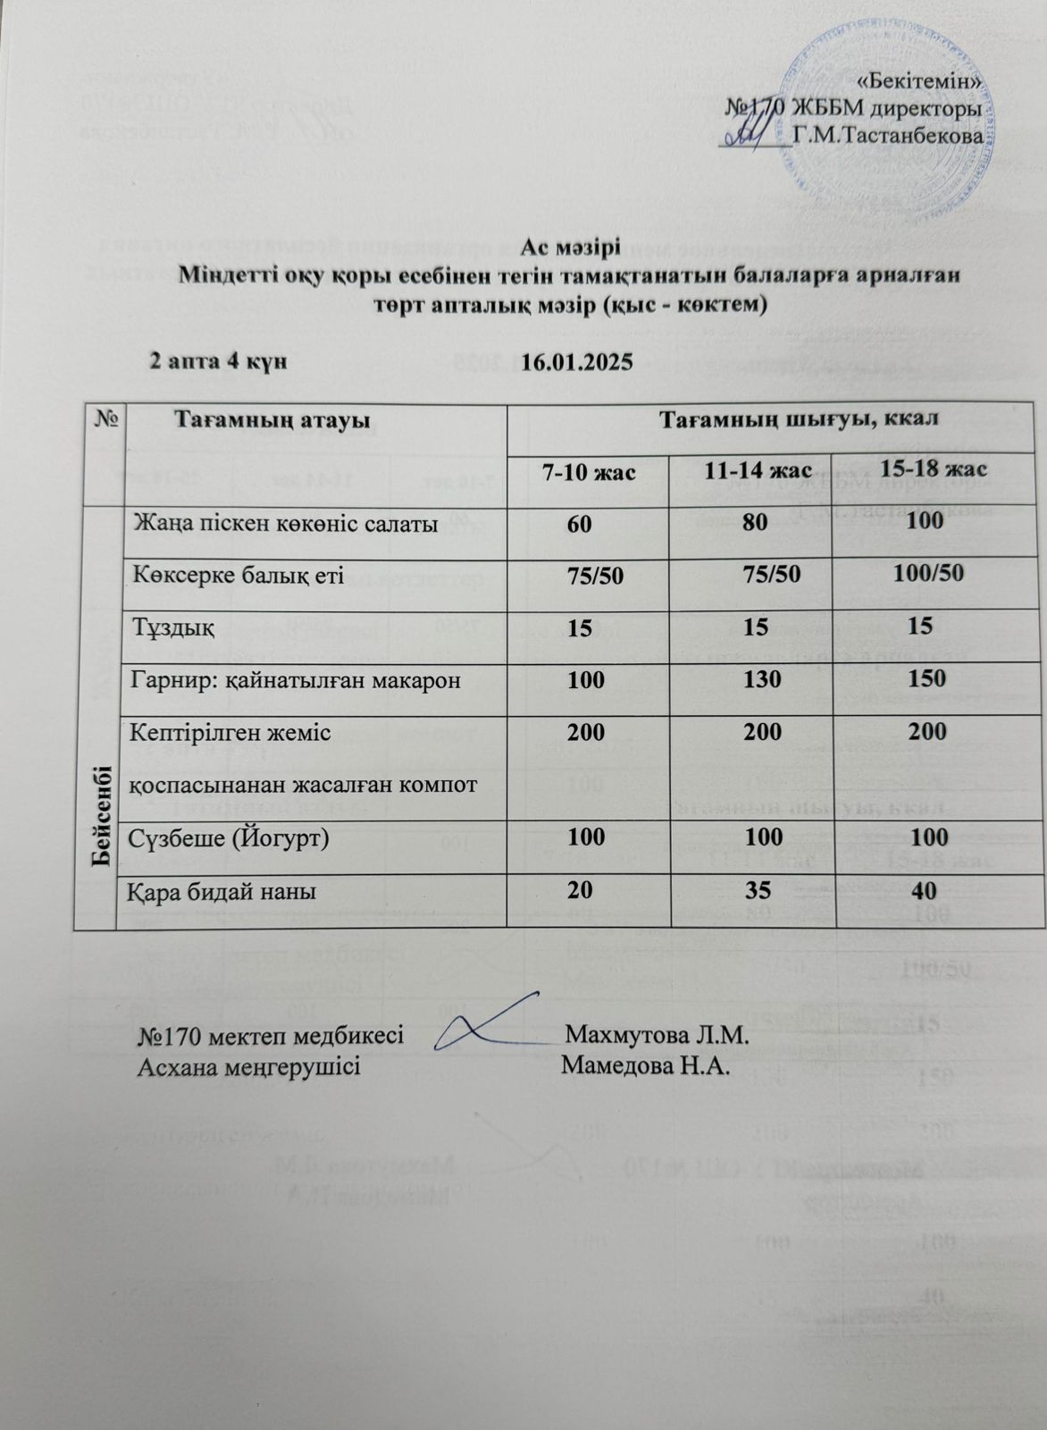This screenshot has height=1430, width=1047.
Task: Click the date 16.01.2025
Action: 576,363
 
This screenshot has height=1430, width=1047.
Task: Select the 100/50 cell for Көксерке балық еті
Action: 928,572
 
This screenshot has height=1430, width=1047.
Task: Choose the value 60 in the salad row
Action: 578,524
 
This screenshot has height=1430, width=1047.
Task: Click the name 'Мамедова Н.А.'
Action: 646,1067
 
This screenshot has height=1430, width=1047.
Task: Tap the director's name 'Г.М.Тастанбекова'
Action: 888,137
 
